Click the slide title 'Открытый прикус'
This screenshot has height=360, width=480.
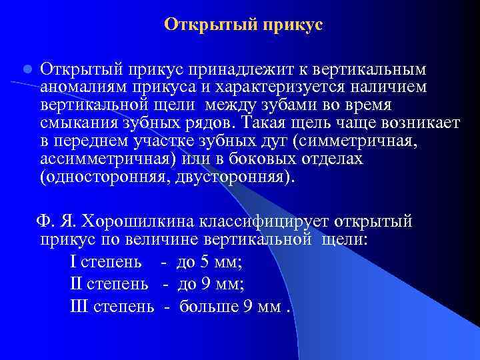[x=243, y=25]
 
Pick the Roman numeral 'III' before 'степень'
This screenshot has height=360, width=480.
[x=79, y=306]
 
